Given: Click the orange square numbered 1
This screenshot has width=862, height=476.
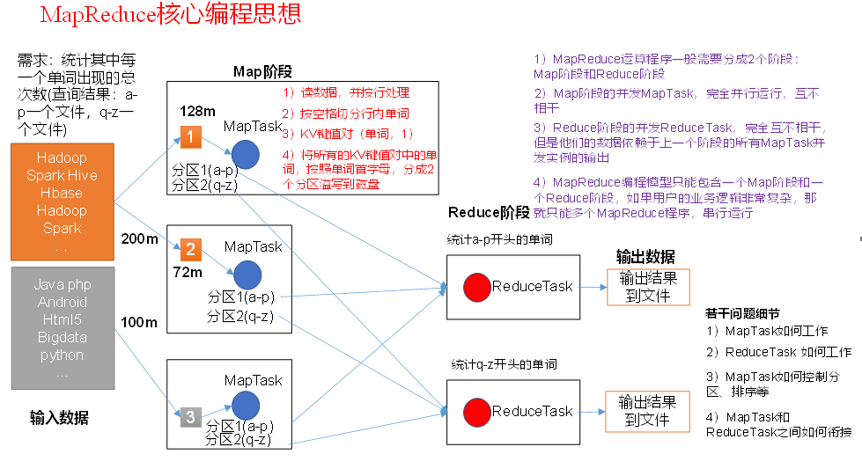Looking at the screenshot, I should click(x=191, y=137).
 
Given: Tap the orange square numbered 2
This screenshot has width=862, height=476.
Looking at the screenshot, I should click(x=191, y=249).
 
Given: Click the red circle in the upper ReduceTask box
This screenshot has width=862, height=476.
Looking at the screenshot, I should click(x=476, y=286).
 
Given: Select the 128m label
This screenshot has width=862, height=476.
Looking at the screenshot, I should click(x=197, y=112).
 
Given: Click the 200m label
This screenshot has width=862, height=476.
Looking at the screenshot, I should click(x=138, y=239).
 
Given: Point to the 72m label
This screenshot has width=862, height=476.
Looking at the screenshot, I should click(x=187, y=273).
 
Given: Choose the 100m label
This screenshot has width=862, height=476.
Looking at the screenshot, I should click(x=138, y=323).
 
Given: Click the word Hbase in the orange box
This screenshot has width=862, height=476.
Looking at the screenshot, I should click(x=62, y=193).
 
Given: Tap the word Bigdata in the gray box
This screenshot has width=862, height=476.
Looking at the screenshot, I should click(x=62, y=337).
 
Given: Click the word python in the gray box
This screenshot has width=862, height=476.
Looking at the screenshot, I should click(x=62, y=355).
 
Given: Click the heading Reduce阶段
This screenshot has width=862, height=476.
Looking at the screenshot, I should click(x=489, y=212).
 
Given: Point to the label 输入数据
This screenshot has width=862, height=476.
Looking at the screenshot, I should click(x=59, y=418).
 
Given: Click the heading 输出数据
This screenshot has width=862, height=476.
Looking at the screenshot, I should click(x=645, y=257).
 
